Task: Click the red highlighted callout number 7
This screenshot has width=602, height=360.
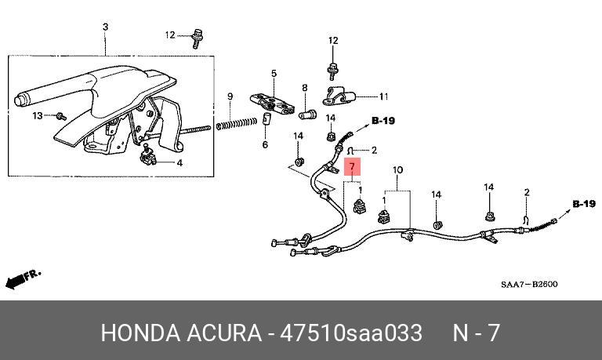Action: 353,166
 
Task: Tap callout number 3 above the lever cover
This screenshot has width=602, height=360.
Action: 106,27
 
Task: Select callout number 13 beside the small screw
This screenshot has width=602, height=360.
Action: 38,116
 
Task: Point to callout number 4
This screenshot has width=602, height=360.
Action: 179,163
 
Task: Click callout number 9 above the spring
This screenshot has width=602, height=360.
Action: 230,96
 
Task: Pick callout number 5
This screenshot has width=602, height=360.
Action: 265,145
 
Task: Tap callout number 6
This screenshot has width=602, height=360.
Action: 265,145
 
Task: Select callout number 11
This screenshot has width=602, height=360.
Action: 383,97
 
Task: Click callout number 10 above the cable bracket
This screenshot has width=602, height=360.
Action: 397,170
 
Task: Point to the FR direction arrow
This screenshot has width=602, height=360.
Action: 22,278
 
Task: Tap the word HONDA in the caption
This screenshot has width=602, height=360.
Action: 139,333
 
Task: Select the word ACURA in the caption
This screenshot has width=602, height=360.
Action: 223,333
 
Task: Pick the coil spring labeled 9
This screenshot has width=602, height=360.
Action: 237,122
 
